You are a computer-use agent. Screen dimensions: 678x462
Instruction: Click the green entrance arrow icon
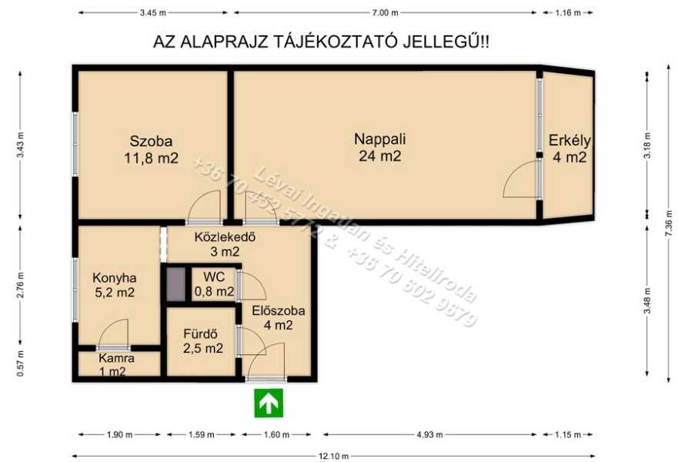pos(269,403)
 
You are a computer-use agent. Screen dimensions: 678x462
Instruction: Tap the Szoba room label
pos(152,149)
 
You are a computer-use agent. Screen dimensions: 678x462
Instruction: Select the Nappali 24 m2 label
pos(379,147)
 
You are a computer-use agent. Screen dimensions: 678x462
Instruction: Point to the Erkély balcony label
pos(569,149)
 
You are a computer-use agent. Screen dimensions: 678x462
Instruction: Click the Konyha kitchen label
pos(115,285)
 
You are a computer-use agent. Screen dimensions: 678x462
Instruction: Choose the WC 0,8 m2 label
pos(215,284)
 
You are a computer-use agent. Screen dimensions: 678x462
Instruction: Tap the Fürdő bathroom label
pos(202,341)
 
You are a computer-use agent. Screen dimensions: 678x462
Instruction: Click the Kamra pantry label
pos(116,365)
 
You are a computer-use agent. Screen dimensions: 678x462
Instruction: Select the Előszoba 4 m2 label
pos(279,317)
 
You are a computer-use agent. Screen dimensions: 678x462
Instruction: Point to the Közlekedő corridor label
pos(225,244)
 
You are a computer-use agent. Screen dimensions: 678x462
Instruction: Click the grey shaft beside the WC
pos(176,284)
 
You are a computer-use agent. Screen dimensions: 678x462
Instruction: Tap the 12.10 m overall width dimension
pos(333,456)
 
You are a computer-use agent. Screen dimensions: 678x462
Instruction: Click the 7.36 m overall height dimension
pos(669,223)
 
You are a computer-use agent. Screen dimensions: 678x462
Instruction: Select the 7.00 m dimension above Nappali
pos(385,13)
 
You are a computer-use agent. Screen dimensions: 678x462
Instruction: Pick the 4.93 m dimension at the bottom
pos(429,435)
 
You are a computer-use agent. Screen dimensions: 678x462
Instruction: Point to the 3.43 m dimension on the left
pos(20,145)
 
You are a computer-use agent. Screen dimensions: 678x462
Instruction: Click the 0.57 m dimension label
pos(20,363)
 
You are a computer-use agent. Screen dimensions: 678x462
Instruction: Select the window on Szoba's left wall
pos(75,144)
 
